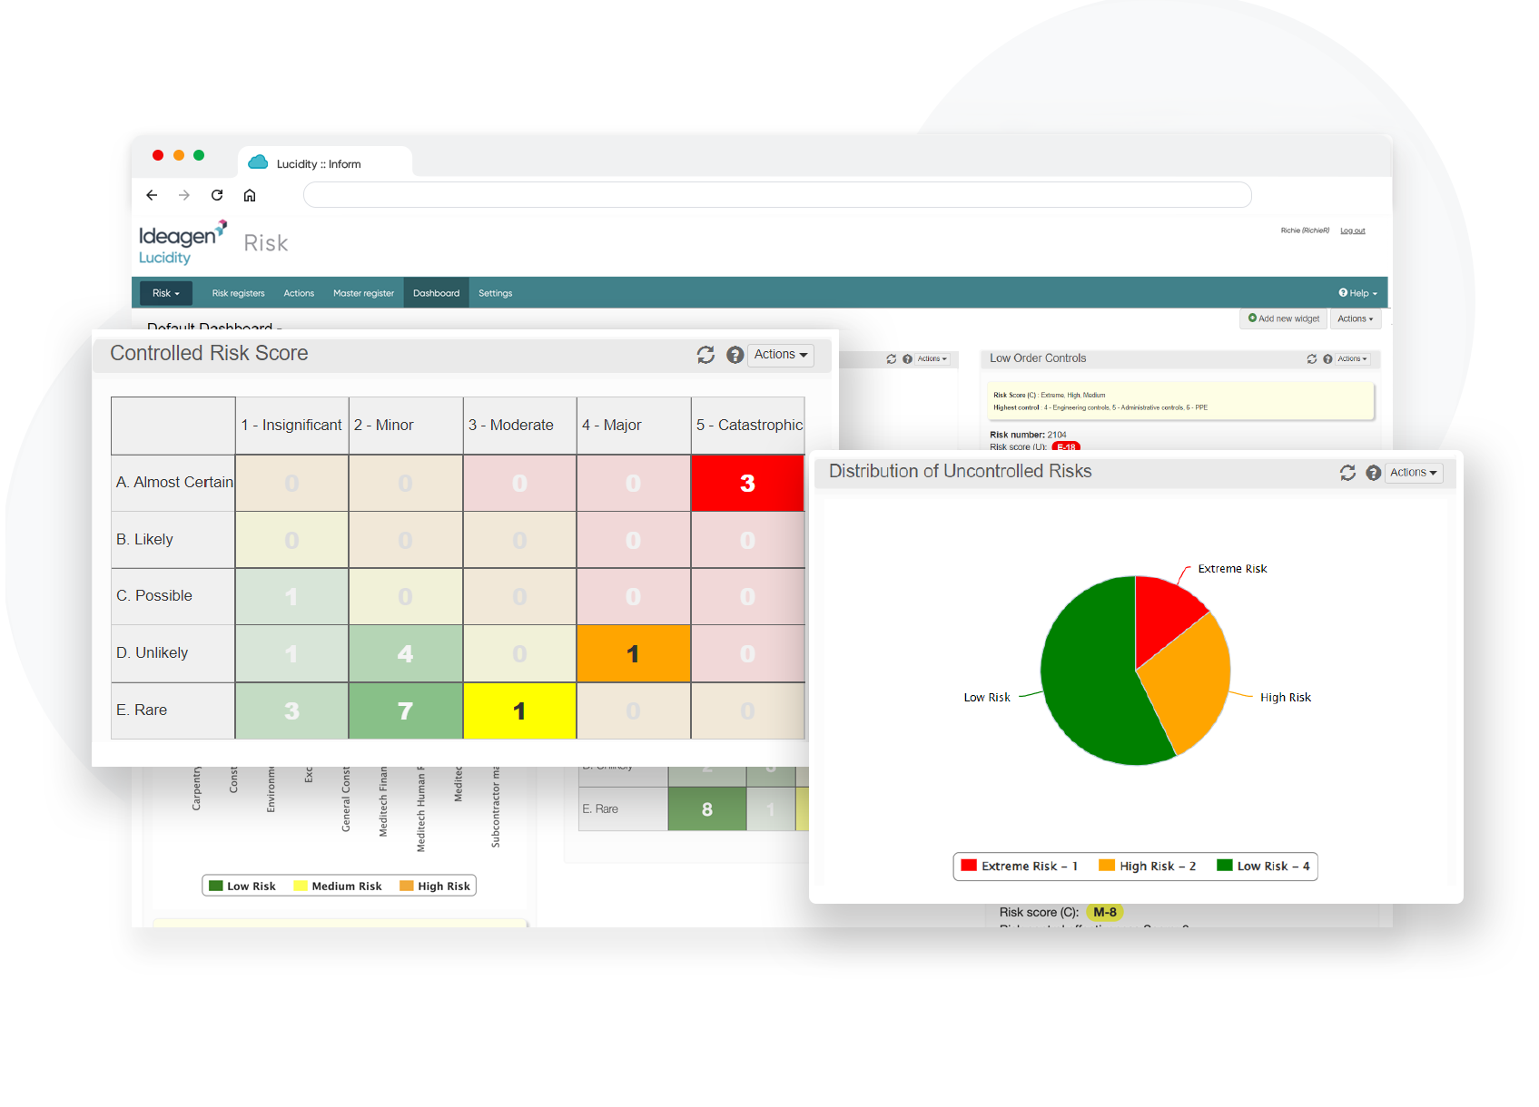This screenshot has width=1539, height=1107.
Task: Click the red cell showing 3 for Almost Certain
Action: coord(747,483)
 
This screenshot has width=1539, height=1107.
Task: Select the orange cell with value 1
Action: coord(633,653)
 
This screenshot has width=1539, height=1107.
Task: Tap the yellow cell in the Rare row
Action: coord(519,710)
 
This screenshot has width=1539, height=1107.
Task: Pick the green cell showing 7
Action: coord(405,710)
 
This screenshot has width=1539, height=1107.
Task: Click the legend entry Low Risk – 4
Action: coord(1264,867)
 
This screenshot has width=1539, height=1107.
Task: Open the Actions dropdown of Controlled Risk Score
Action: coord(780,355)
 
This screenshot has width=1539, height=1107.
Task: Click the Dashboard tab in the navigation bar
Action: coord(436,293)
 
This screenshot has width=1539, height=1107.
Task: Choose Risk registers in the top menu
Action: coord(238,293)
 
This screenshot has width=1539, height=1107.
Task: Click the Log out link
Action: coord(1352,230)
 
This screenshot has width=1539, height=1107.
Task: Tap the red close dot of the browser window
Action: coord(158,155)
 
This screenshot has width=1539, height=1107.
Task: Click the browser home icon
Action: coord(250,195)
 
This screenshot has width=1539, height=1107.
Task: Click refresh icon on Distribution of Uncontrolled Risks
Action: coord(1347,473)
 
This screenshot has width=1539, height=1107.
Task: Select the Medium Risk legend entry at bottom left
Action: coord(338,887)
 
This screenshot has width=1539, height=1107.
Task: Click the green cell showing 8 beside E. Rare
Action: coord(706,809)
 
